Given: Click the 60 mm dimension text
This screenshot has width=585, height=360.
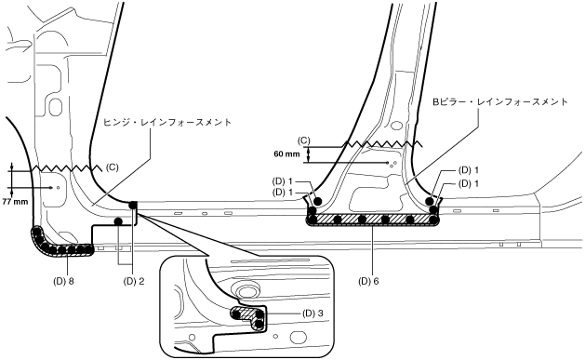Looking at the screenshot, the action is click(286, 153).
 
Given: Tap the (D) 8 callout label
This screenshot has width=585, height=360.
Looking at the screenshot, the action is click(63, 281).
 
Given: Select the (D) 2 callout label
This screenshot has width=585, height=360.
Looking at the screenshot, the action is click(134, 281).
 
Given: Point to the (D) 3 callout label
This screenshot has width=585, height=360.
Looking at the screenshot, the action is click(312, 313).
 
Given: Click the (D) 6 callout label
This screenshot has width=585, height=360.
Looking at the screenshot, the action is click(368, 281).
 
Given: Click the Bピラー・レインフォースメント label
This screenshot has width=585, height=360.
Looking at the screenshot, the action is click(500, 101).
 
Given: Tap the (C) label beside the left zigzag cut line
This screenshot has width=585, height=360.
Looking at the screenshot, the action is click(112, 167).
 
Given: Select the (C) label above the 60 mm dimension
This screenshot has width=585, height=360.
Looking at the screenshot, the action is click(304, 140).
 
